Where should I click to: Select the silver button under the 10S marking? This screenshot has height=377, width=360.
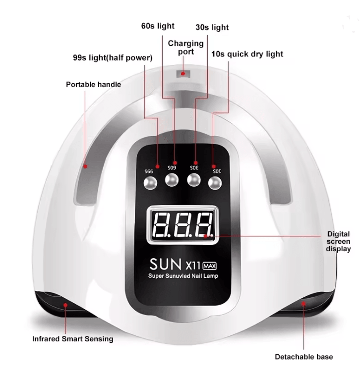click(x=215, y=183)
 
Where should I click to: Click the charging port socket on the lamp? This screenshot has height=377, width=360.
click(x=183, y=74)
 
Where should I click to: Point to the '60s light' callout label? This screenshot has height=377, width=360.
click(x=158, y=26)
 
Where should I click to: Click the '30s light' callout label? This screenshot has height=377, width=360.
click(x=212, y=27)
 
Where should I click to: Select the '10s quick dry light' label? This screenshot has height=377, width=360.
click(x=247, y=54)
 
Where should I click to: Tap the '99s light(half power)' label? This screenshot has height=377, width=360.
click(x=113, y=58)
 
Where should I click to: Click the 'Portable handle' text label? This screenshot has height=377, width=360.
click(x=93, y=84)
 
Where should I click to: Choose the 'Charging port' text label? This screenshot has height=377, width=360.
click(x=186, y=47)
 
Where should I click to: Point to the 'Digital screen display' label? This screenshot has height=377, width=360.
click(x=339, y=241)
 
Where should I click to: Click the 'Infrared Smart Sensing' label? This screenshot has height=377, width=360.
click(x=72, y=339)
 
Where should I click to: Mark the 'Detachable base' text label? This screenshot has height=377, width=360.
click(x=304, y=357)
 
